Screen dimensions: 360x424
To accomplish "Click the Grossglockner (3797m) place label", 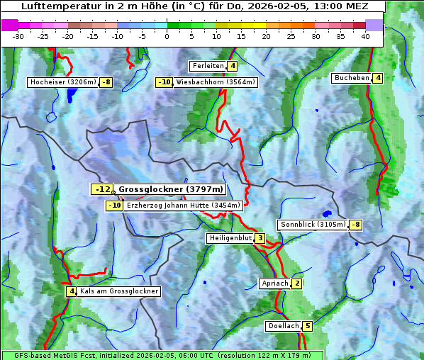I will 170,189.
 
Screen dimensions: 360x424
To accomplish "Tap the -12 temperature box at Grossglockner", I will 102,189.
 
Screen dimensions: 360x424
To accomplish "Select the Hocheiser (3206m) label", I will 63,82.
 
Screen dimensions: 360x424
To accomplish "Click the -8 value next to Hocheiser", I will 106,82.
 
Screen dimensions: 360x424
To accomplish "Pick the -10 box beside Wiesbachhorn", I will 164,82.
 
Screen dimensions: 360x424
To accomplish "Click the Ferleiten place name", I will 208,66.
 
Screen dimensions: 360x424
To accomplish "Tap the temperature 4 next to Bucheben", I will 378,78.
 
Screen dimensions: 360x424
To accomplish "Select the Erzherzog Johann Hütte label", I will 184,206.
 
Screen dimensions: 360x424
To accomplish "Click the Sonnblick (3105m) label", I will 313,225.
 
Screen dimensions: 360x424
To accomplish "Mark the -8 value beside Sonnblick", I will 356,225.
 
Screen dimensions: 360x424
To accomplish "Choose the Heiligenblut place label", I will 230,238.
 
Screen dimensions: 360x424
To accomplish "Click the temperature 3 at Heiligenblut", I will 260,238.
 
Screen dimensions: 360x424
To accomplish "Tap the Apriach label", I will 275,283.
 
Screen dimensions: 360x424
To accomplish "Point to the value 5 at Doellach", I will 307,326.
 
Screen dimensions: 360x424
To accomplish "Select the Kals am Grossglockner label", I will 118,291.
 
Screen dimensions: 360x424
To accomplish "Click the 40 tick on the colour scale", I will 365,36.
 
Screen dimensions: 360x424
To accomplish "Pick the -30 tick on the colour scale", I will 18,36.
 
